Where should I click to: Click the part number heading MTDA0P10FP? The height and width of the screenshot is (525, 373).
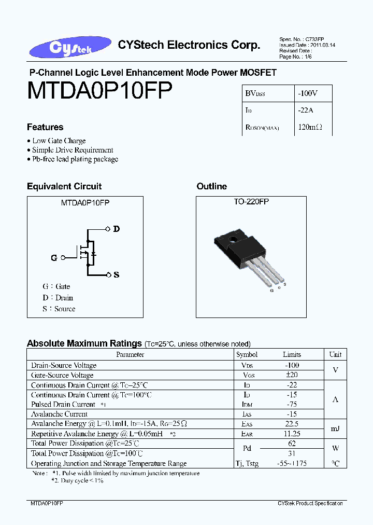pos(99,90)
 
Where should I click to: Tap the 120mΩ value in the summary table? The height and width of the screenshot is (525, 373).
pos(310,127)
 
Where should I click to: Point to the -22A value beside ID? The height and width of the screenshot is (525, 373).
pos(305,110)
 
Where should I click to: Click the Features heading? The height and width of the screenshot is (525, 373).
pos(45,127)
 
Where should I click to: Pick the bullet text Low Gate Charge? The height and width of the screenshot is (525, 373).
pos(59,141)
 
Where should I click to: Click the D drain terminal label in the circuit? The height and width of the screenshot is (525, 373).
pos(116,229)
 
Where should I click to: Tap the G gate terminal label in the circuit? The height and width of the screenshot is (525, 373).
pos(54,257)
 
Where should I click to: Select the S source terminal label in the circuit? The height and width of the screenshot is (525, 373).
pos(116,274)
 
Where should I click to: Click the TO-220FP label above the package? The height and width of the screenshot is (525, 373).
pos(251,201)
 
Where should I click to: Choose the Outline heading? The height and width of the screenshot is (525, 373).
pos(211,186)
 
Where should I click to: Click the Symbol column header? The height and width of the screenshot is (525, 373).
pos(247,354)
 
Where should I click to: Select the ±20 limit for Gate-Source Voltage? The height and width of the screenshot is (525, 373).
pos(292,375)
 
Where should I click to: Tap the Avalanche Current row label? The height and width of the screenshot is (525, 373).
pos(59,414)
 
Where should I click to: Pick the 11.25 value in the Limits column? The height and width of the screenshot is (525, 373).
pos(292,434)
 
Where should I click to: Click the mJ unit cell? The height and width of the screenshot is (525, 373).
pos(335,429)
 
